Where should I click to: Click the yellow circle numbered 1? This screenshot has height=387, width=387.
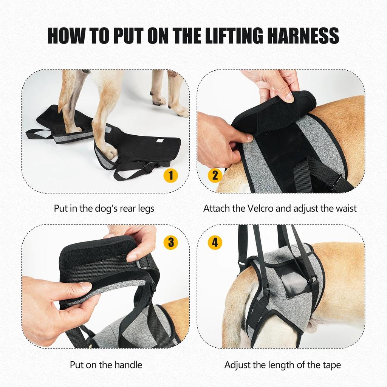point(171,175)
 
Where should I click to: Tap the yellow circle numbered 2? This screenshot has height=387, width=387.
point(215,175)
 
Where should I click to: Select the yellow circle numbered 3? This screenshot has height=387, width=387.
point(171,242)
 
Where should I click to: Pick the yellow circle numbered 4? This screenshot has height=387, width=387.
point(215,242)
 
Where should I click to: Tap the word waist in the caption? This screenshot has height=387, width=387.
point(344,208)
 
